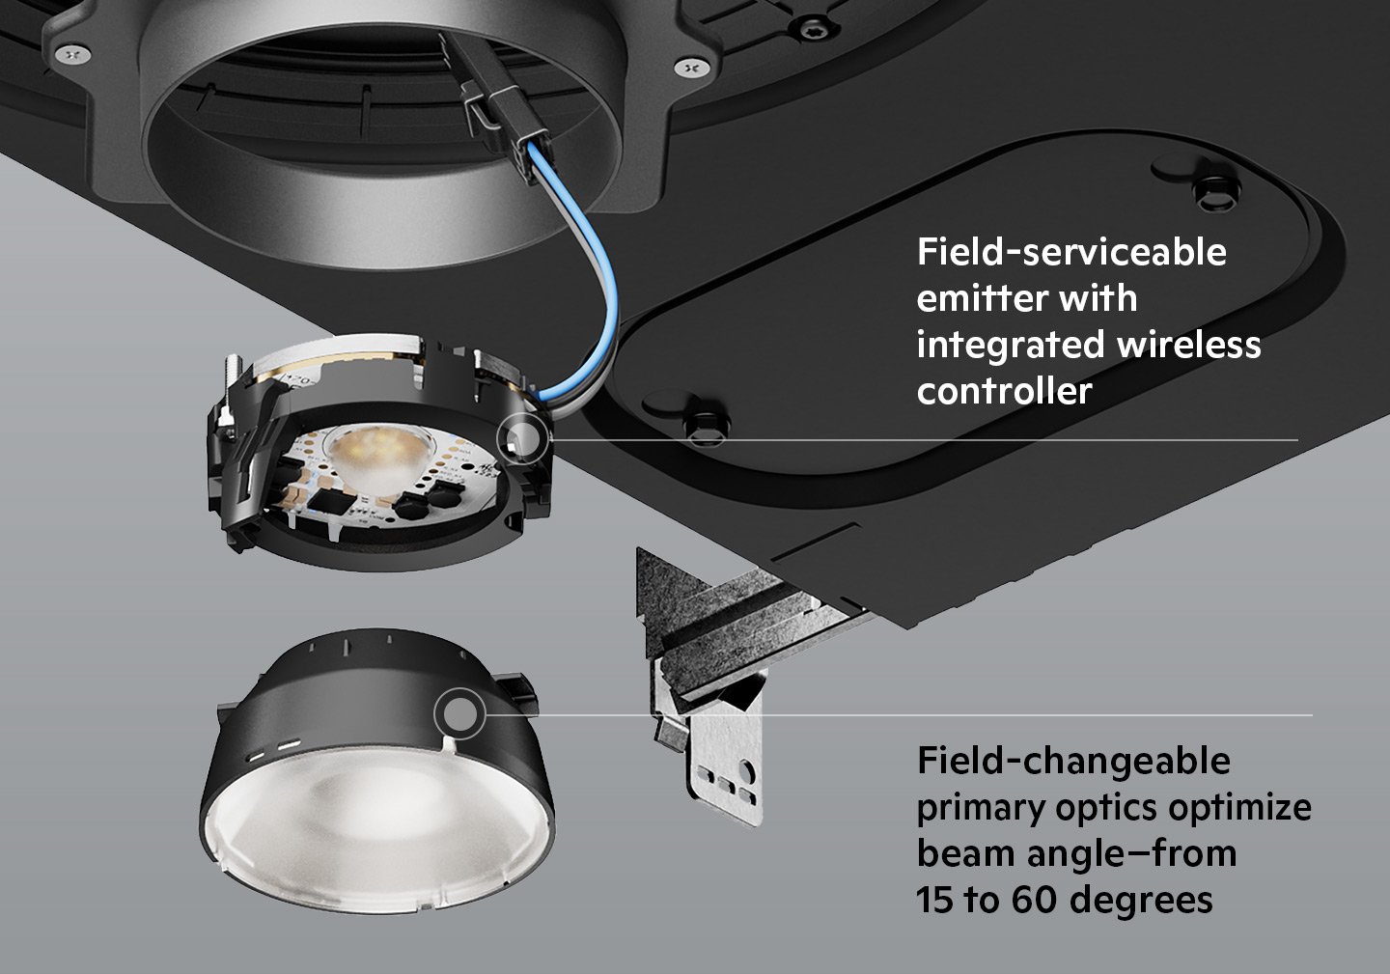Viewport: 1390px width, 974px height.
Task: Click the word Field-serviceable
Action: coord(1070,252)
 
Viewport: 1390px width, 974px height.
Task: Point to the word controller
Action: coord(1004,391)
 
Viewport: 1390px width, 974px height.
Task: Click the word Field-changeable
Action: coord(1073,761)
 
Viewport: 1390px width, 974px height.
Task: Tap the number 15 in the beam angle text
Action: coord(931,900)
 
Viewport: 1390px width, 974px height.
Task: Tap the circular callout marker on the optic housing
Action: coord(460,714)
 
